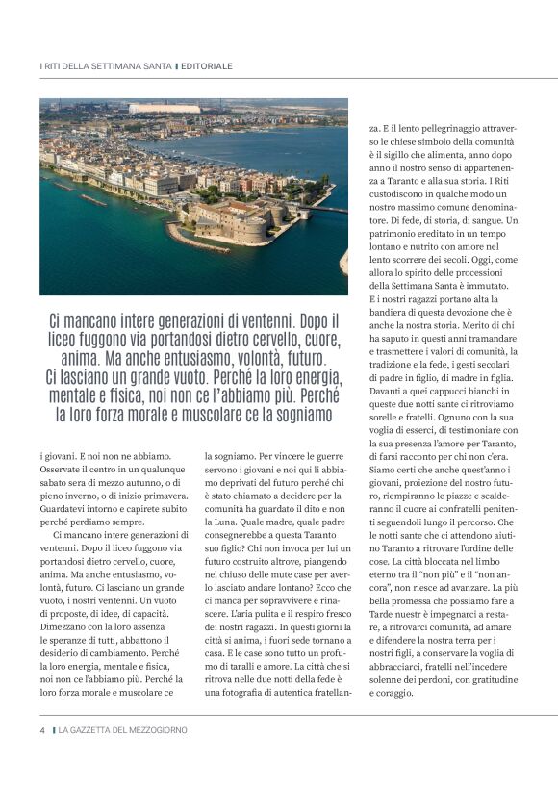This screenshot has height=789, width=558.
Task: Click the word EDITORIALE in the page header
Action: click(x=207, y=66)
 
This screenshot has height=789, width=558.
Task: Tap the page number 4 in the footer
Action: click(x=42, y=730)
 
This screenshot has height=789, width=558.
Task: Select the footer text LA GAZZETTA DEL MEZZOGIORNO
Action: click(x=122, y=730)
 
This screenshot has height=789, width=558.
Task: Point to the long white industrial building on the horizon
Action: click(x=165, y=109)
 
